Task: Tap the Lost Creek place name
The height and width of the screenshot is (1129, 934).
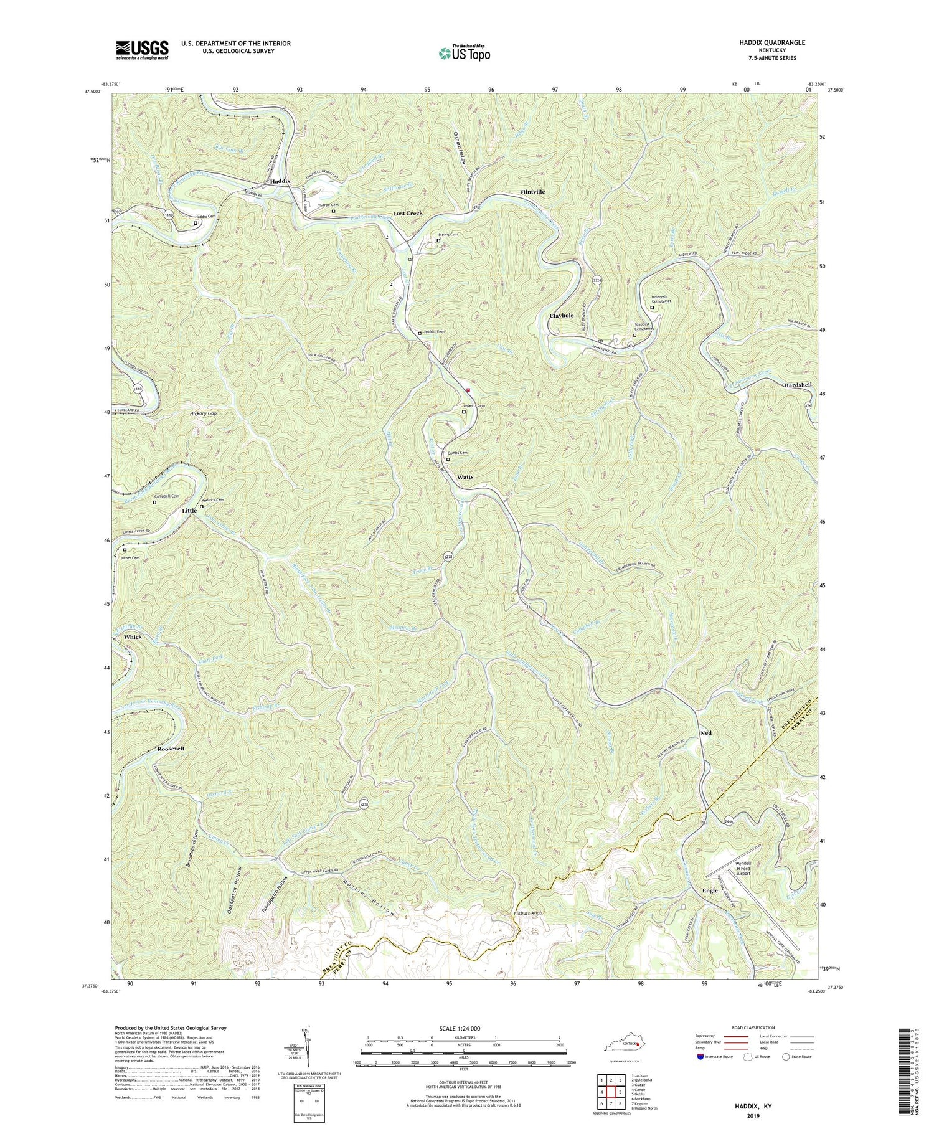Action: (407, 213)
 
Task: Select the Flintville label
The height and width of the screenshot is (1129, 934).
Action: (532, 192)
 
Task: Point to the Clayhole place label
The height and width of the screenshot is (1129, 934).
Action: (562, 316)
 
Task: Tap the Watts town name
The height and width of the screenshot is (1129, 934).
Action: (465, 477)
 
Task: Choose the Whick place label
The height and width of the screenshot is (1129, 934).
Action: (133, 637)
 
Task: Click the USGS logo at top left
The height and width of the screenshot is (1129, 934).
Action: (142, 50)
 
